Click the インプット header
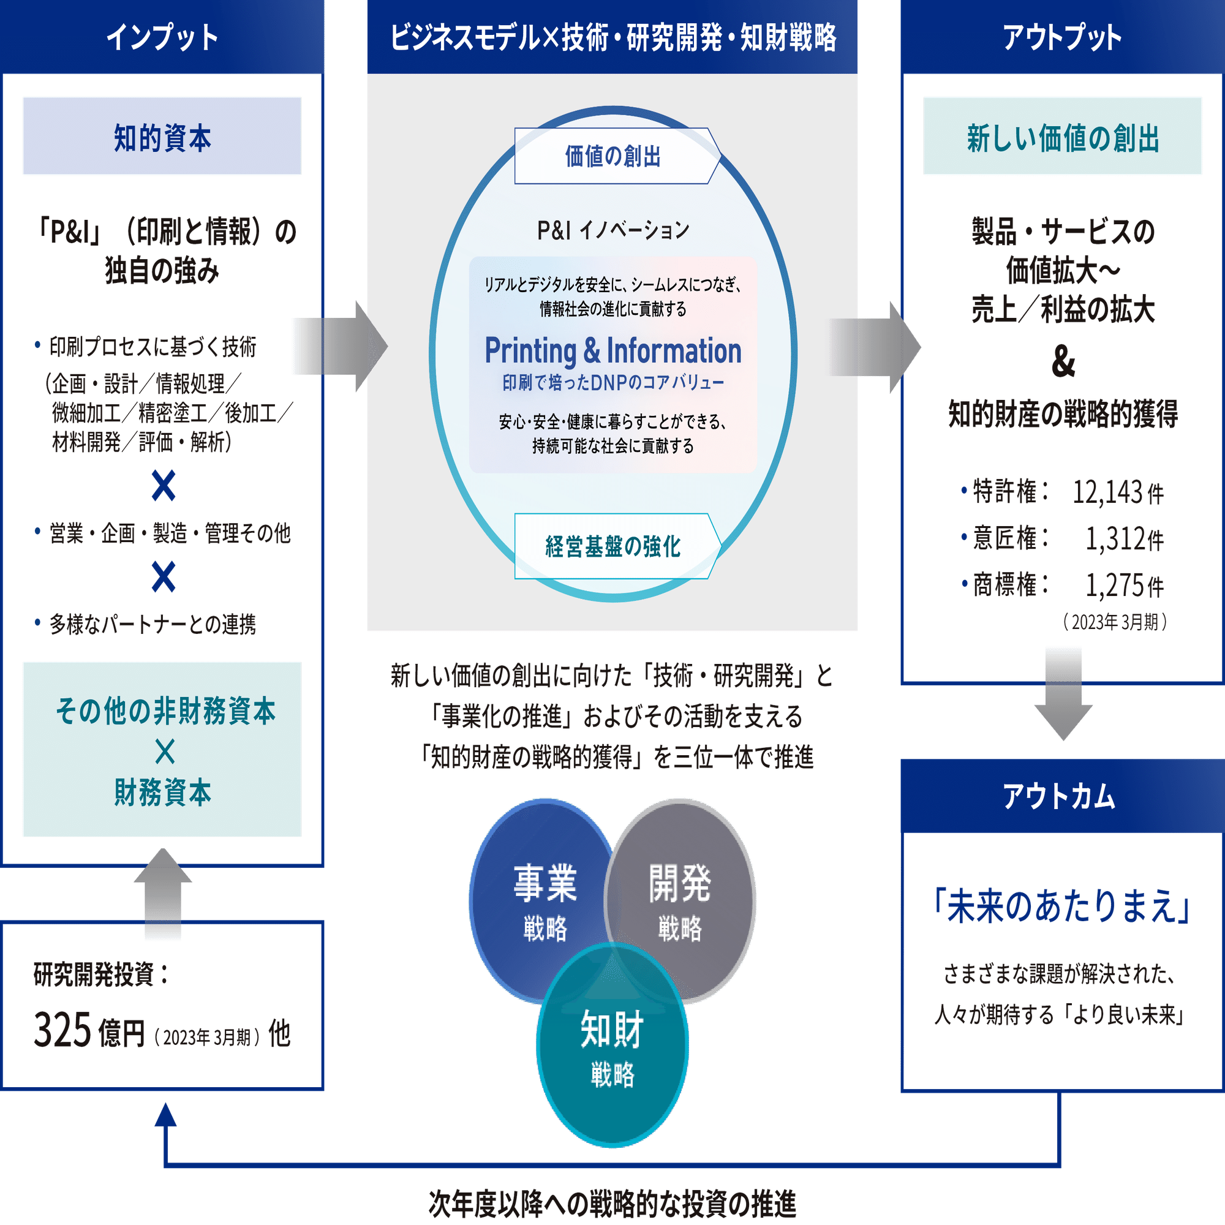pos(162,37)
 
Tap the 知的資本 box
pos(162,137)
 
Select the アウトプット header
pos(1062,37)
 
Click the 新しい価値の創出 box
pos(1063,137)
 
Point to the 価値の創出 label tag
pos(613,156)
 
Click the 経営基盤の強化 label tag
pos(613,546)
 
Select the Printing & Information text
pos(613,350)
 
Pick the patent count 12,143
pos(1109,491)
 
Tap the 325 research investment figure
pos(64,1030)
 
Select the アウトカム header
pos(1059,796)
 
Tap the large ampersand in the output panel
pos(1063,362)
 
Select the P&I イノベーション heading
pos(613,230)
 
